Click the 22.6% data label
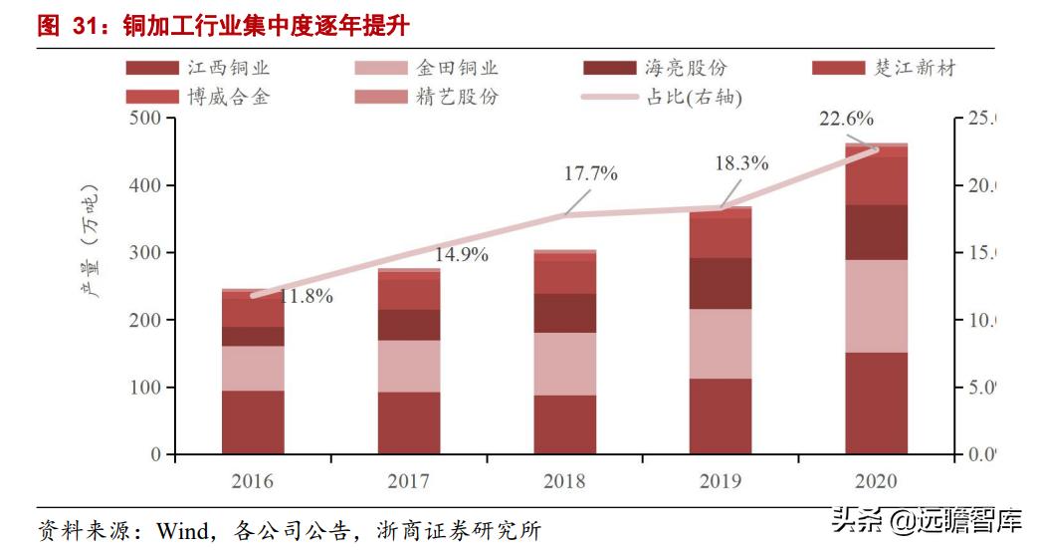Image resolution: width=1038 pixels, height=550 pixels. (x=846, y=120)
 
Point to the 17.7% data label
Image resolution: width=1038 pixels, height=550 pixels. (x=591, y=173)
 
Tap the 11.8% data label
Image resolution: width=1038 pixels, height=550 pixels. (x=306, y=296)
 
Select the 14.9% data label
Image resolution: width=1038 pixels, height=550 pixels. (x=461, y=254)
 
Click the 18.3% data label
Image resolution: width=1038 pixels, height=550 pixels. (x=741, y=164)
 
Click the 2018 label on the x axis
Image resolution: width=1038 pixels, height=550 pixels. (x=564, y=481)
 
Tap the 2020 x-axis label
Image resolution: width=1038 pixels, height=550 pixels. (x=876, y=481)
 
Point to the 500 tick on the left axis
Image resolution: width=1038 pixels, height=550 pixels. (x=145, y=119)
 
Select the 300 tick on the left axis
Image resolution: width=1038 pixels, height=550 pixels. (x=145, y=253)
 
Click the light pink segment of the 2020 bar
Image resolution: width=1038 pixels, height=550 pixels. (x=876, y=306)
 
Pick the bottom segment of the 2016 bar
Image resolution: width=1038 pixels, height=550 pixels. (x=253, y=422)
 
